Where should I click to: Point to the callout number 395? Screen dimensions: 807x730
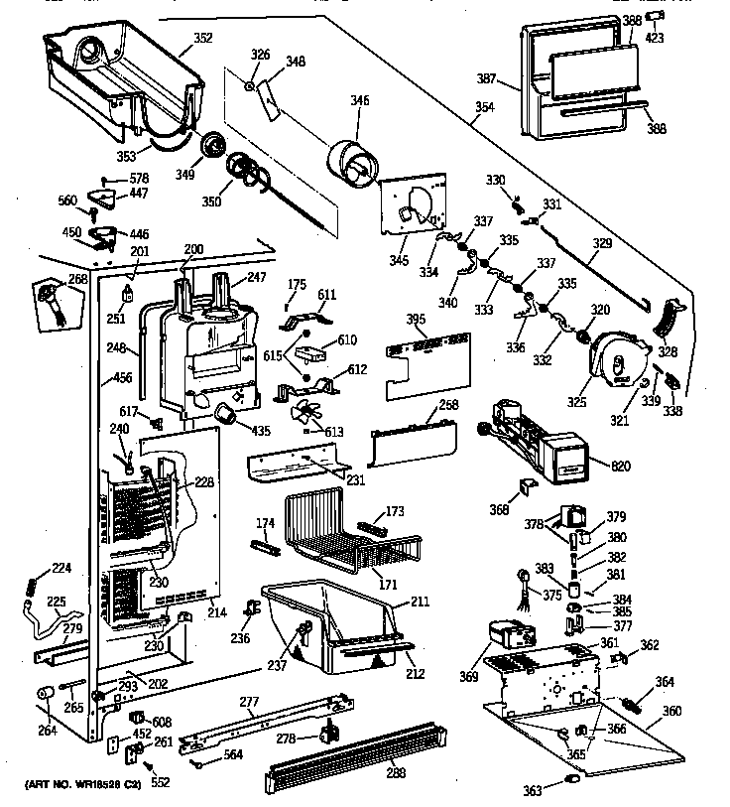click(418, 319)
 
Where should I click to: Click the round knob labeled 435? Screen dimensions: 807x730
click(227, 414)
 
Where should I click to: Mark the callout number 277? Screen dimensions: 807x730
click(250, 703)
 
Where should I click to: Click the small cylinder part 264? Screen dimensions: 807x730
click(44, 692)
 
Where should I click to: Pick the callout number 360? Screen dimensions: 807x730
click(671, 712)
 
